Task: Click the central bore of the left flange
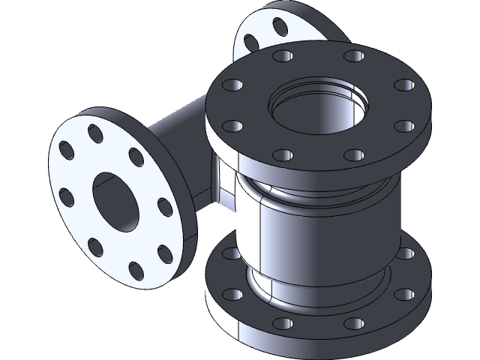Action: pos(113,199)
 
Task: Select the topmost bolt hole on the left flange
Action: pos(95,133)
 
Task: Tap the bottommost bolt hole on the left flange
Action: pos(135,269)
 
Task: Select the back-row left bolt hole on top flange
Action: pos(283,57)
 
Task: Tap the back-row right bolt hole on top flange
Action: pos(352,57)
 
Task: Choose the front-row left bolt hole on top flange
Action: pos(282,156)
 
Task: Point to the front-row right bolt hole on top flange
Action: pos(352,155)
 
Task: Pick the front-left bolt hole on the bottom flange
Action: pos(283,324)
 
